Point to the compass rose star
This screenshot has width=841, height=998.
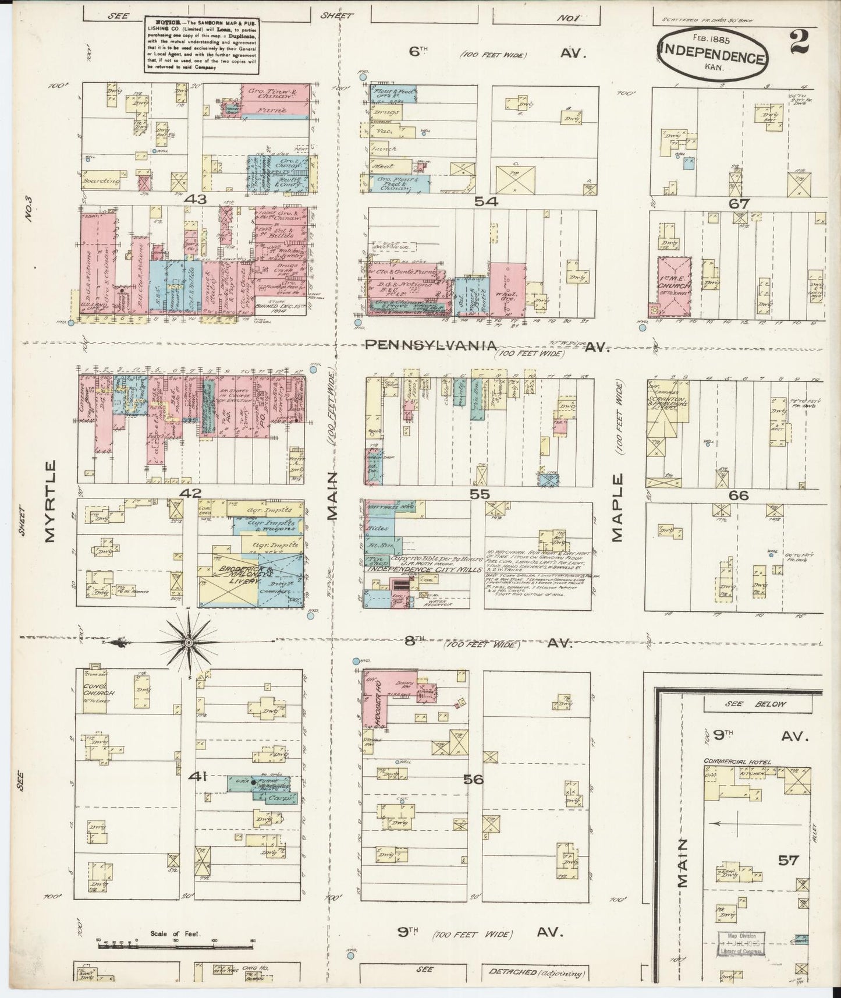click(x=188, y=642)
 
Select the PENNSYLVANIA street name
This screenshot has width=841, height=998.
click(x=430, y=346)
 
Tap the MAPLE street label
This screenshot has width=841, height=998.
click(x=617, y=508)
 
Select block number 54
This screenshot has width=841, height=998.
click(x=485, y=201)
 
